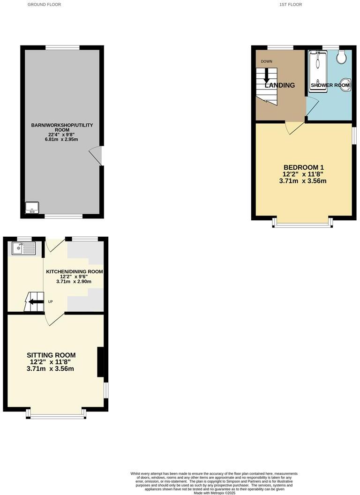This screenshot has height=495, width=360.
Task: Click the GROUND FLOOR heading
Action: point(44,4)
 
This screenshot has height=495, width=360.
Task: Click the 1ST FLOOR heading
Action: point(291,4)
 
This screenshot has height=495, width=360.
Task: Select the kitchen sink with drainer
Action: point(24,248)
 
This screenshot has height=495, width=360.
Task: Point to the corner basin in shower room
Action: point(346,85)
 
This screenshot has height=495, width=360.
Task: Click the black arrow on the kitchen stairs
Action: point(34,301)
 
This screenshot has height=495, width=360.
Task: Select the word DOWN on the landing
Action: point(266,61)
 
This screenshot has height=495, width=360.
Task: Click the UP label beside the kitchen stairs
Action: point(50,301)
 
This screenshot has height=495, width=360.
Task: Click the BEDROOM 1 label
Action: point(303,167)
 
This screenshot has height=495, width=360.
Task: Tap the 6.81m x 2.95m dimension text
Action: point(62,139)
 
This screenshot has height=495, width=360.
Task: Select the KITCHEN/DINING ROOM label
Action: point(74,271)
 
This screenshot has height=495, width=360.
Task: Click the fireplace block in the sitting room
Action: point(100,361)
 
